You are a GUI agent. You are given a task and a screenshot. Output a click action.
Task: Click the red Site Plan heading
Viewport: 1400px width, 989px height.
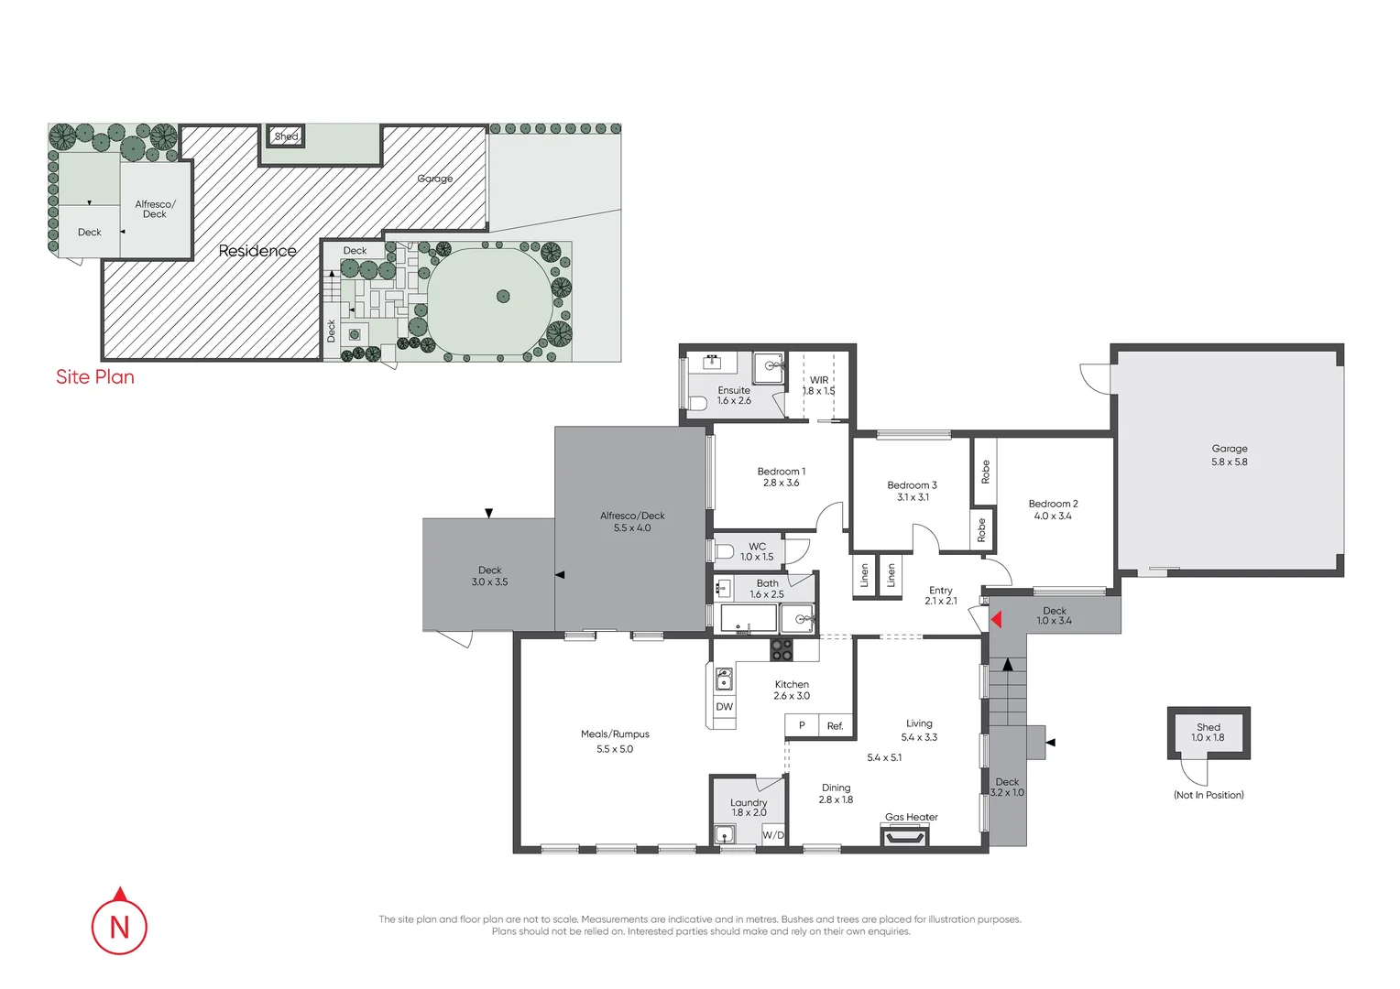(x=95, y=377)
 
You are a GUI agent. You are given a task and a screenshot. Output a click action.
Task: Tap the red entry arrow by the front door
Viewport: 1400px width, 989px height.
(x=996, y=620)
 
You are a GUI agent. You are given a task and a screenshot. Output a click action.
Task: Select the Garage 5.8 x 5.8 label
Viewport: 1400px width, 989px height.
(x=1230, y=455)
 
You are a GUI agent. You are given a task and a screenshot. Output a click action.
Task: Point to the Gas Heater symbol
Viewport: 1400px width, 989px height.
(x=904, y=834)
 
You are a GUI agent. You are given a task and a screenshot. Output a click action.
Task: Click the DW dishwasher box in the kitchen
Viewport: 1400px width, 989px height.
(x=725, y=707)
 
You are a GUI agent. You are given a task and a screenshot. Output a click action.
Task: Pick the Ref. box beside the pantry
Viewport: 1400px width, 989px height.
(x=836, y=726)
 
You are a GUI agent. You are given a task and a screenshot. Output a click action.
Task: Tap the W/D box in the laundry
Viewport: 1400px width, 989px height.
(x=773, y=835)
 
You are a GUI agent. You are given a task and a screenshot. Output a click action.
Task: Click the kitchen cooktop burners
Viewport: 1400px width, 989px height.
(x=782, y=649)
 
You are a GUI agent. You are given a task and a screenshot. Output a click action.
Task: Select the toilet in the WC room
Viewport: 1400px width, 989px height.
(x=724, y=551)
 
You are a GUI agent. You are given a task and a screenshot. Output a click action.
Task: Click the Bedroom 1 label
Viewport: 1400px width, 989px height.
(x=782, y=477)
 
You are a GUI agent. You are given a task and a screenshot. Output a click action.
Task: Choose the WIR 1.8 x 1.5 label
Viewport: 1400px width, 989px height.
(x=819, y=386)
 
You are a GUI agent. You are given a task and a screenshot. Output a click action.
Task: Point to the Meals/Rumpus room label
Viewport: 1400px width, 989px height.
(x=615, y=741)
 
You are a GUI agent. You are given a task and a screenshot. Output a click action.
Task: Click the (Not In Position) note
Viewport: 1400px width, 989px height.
(x=1209, y=795)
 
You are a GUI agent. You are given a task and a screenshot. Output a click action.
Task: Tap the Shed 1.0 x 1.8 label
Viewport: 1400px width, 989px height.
(x=1208, y=733)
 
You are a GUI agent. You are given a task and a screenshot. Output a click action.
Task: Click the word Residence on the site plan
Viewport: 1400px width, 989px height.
(x=257, y=251)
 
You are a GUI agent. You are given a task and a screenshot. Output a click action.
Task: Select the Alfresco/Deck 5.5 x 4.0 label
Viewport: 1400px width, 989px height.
(x=632, y=521)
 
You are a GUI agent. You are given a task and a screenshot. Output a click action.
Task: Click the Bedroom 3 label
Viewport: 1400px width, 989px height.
(x=912, y=491)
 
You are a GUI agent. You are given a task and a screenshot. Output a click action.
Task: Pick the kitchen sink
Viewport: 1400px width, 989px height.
(x=724, y=679)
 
